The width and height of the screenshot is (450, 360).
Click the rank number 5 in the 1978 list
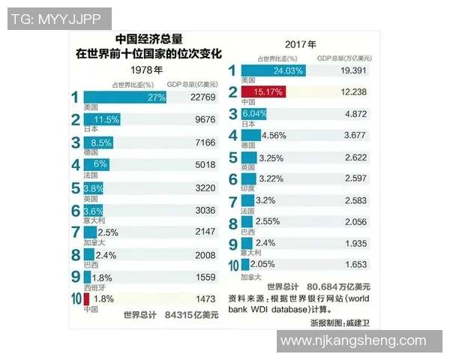pos(76,189)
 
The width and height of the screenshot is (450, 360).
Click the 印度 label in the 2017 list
pos(247,189)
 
